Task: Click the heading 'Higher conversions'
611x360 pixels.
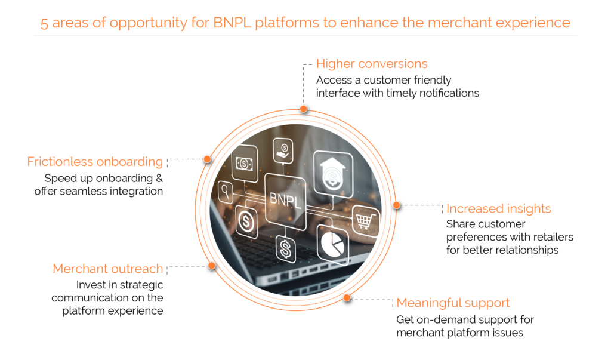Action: [x=372, y=64]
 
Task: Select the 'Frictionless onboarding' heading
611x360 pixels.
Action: [x=95, y=162]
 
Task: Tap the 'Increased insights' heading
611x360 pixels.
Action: [x=498, y=208]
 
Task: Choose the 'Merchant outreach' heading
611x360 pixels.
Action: [x=107, y=269]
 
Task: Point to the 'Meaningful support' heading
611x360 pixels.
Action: [x=453, y=303]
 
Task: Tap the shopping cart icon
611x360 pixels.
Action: [x=365, y=221]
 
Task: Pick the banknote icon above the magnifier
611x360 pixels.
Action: [x=243, y=162]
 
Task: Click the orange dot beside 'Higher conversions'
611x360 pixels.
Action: [x=304, y=109]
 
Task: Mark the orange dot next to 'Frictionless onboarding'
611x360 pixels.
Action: [x=207, y=159]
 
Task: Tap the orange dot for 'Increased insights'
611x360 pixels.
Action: [x=396, y=205]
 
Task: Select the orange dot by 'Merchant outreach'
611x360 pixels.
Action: [x=211, y=266]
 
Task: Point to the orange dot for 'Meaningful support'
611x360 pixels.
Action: [x=347, y=298]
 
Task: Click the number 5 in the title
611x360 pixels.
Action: [x=45, y=23]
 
